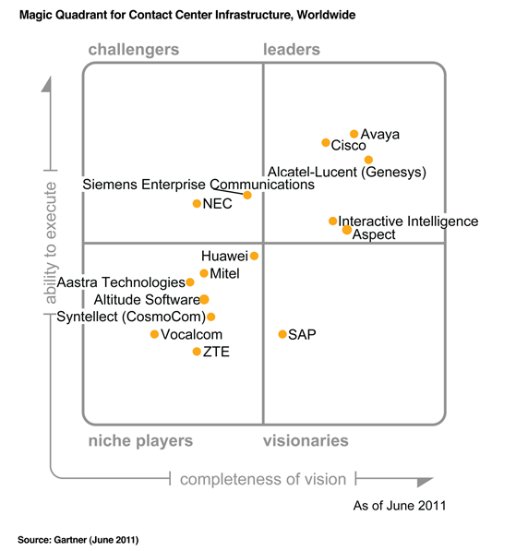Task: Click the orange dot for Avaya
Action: point(354,134)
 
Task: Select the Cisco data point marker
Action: point(326,143)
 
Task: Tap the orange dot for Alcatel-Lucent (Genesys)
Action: point(368,160)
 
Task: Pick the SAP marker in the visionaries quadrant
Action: point(282,333)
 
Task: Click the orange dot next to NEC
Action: point(197,203)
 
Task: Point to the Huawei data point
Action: point(254,256)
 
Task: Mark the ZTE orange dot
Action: point(197,352)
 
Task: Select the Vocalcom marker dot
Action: point(154,334)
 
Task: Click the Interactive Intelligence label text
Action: point(408,222)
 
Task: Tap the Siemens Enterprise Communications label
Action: point(198,185)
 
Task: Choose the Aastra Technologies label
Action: point(121,282)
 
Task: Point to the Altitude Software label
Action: point(146,300)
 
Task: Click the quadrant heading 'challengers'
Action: point(133,50)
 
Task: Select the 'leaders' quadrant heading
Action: point(292,50)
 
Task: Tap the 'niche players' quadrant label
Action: point(140,441)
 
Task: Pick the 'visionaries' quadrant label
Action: point(306,441)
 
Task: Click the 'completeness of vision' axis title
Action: point(263,479)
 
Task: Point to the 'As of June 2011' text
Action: point(400,506)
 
